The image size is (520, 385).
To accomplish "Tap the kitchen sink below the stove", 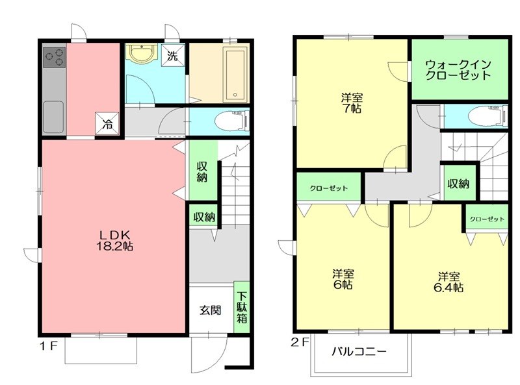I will (x=53, y=116).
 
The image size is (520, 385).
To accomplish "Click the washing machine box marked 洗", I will (x=174, y=55).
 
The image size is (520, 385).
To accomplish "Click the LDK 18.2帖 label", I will (x=116, y=240).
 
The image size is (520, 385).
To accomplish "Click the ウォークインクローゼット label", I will (x=458, y=69).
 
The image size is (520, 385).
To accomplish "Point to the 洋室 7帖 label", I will (x=352, y=103).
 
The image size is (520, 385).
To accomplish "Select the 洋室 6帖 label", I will (x=343, y=279).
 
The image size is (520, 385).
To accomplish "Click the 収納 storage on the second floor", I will (x=458, y=183).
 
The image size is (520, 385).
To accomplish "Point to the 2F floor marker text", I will (x=301, y=340).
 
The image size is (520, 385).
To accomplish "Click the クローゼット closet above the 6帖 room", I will (x=328, y=188).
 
